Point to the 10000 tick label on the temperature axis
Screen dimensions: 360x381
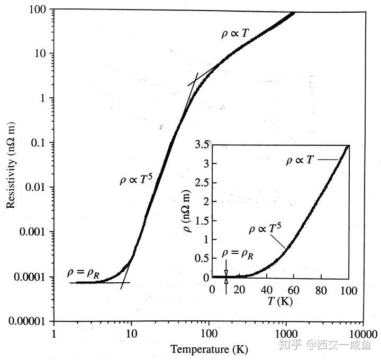point(362,335)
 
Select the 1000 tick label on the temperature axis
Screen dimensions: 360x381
point(285,335)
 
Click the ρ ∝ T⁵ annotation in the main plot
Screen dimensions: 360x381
point(135,180)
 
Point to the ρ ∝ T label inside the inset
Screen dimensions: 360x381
point(300,159)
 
